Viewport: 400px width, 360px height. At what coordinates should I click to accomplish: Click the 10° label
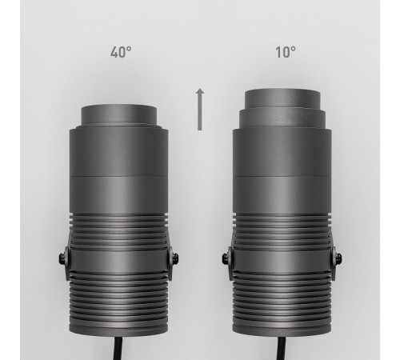[284, 53]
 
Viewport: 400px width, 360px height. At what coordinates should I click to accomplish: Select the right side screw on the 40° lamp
[175, 258]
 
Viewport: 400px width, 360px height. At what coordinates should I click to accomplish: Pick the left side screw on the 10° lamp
[227, 258]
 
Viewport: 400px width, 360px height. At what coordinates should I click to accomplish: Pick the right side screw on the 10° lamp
[337, 258]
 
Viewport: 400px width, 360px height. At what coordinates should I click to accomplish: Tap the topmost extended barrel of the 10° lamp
[282, 98]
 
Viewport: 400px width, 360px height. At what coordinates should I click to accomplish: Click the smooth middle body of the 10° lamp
[282, 176]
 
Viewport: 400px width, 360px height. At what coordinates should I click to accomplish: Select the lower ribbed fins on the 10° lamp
[282, 304]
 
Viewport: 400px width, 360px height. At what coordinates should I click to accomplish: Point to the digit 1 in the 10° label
[278, 53]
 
